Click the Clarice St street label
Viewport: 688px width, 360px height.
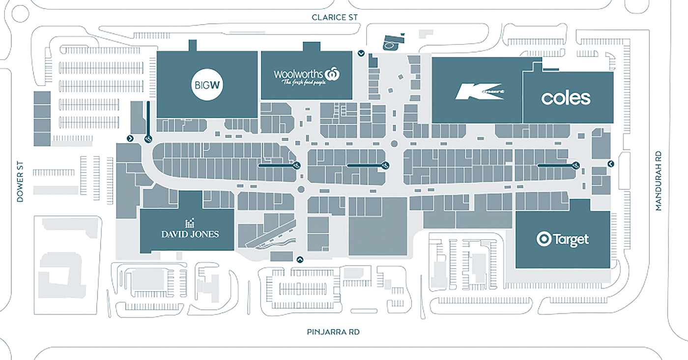tap(335, 17)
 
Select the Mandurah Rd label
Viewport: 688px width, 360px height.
tap(659, 180)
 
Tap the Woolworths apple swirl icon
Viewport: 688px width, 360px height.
tap(334, 74)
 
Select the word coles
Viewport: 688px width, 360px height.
tap(566, 98)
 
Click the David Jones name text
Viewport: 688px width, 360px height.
tap(190, 234)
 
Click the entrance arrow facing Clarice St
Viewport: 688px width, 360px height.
tap(361, 53)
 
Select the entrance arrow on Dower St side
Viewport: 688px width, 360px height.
tap(130, 139)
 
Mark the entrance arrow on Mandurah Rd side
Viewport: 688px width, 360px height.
tap(611, 163)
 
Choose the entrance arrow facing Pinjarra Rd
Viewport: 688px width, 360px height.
tap(300, 259)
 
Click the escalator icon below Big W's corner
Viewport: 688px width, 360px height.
tap(148, 140)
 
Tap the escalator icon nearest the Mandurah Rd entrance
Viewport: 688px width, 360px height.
tap(575, 165)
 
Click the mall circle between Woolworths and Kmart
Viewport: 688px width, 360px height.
tap(394, 144)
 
